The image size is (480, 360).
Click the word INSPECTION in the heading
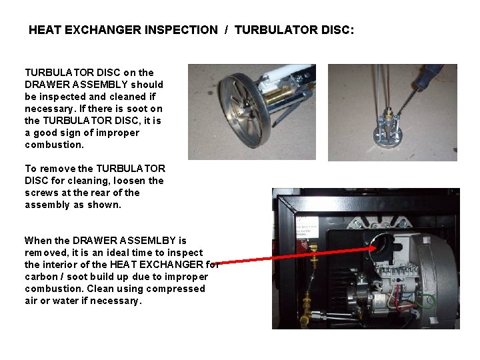coord(181,30)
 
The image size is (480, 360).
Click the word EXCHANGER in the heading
coord(103,30)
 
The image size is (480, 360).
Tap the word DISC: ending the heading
coord(337,30)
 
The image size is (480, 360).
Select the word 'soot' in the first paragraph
coord(137,109)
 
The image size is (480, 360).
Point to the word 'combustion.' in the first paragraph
coord(54,145)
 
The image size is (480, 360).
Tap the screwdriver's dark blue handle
coord(428,77)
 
